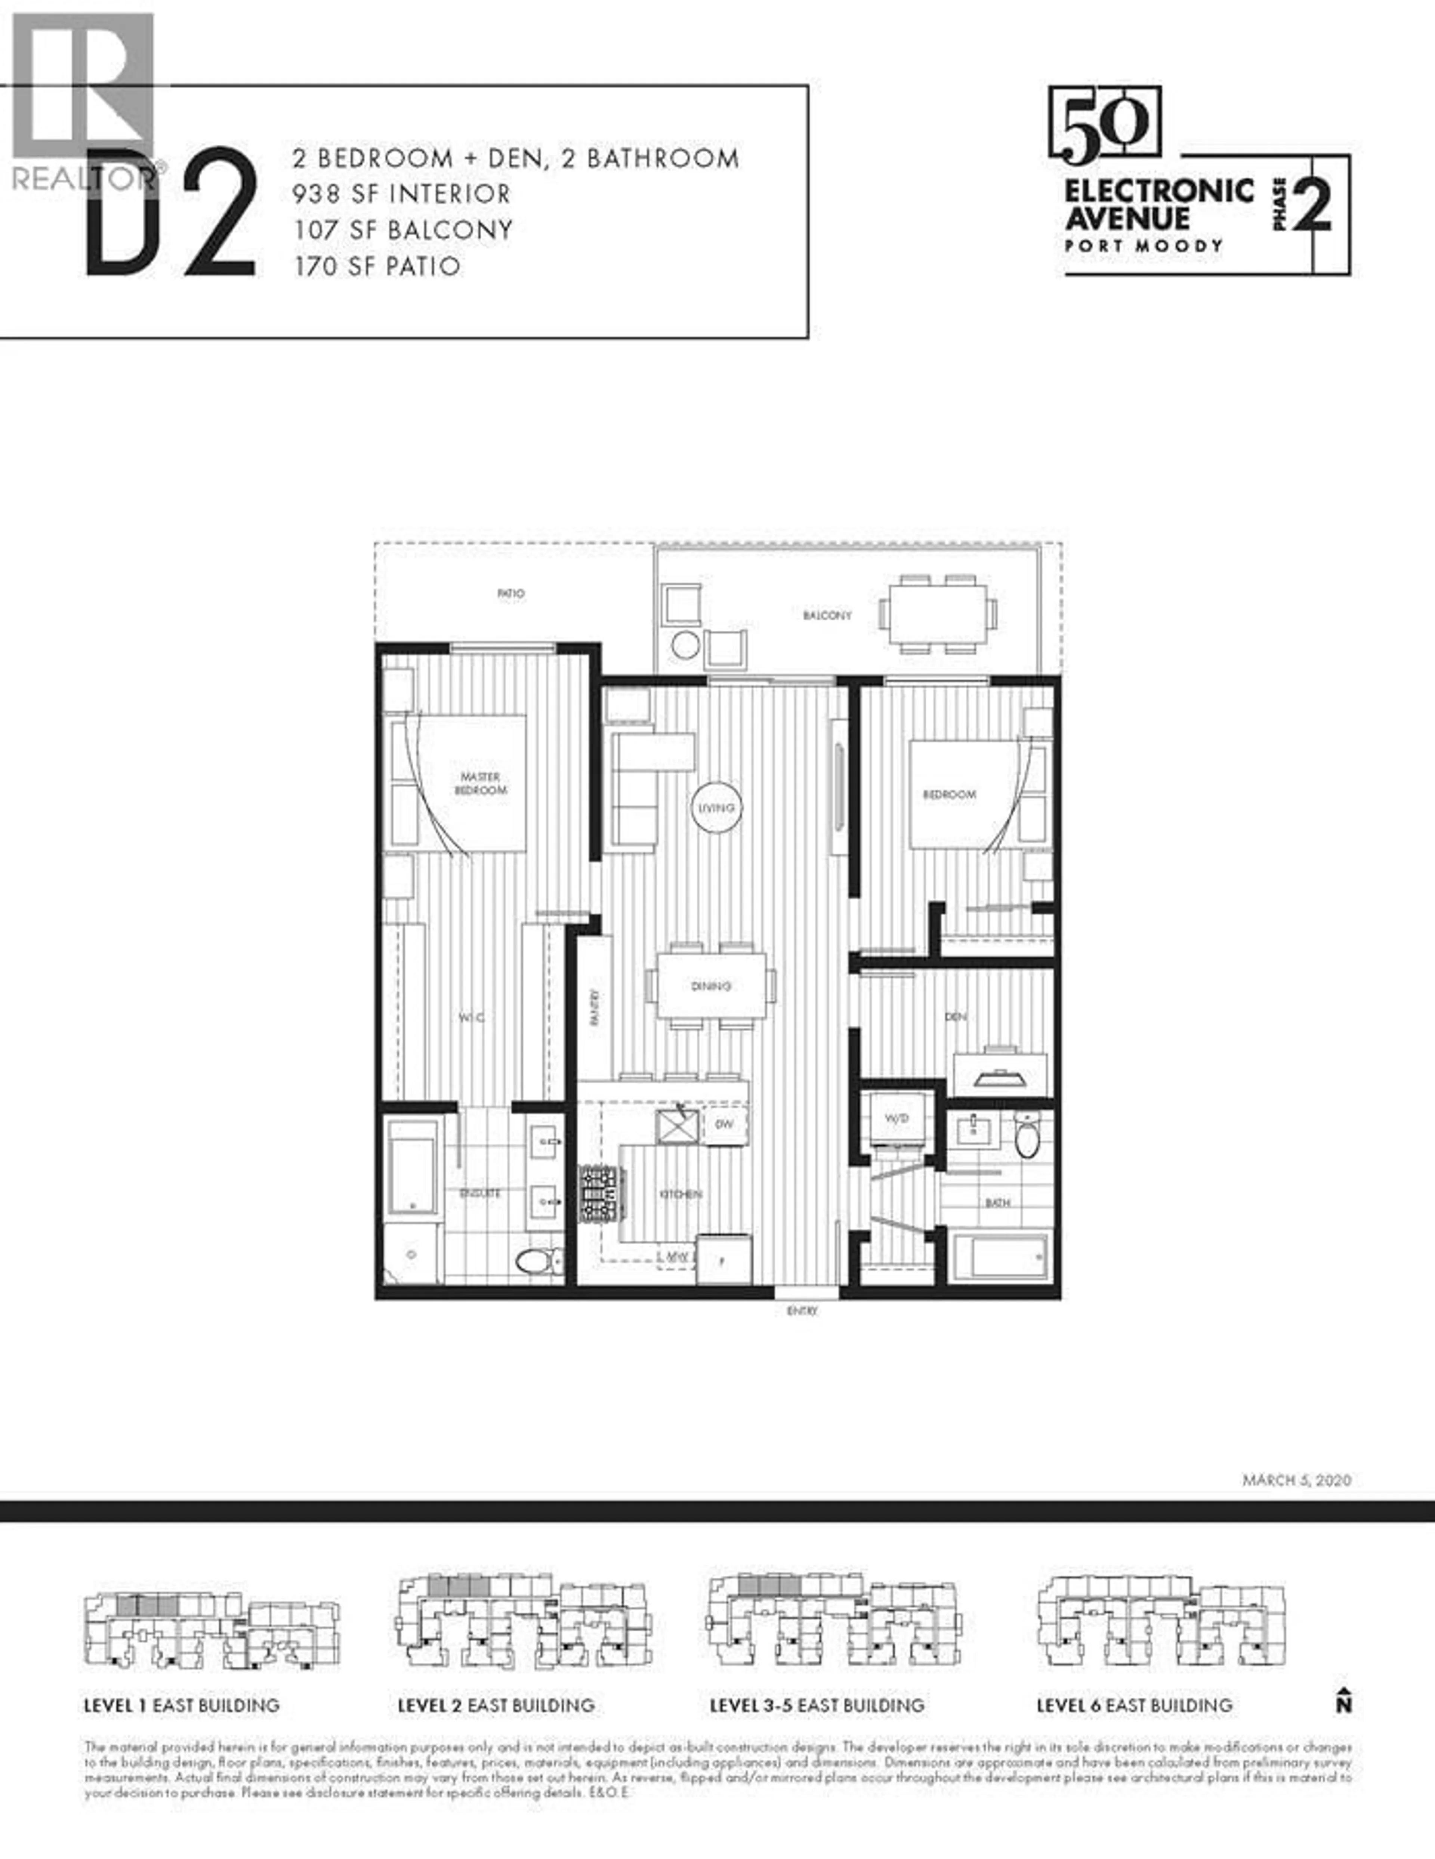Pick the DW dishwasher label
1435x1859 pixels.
click(723, 1124)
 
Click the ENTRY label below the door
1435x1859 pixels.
click(802, 1312)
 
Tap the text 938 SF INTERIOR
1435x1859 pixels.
click(402, 194)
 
